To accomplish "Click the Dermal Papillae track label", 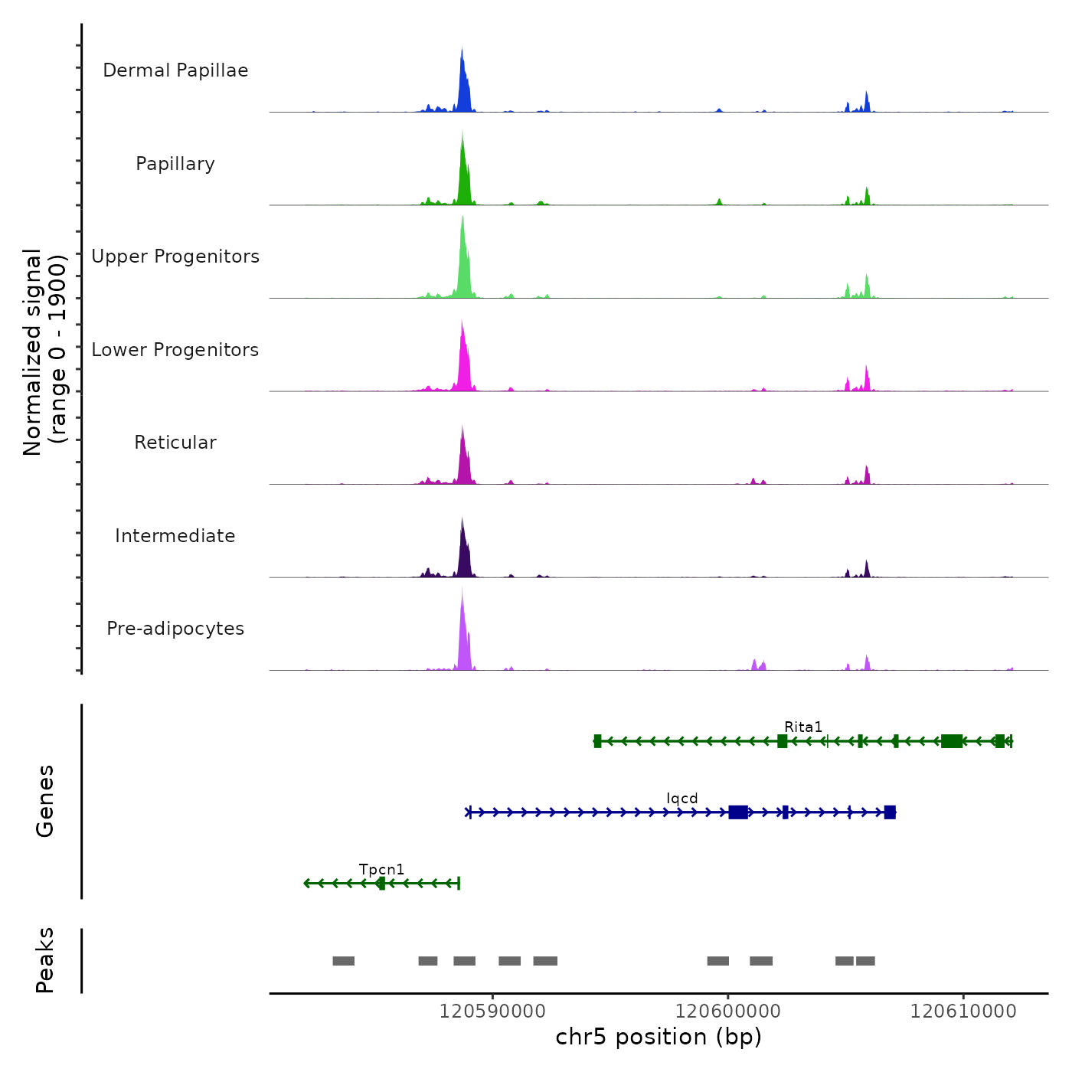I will coord(175,70).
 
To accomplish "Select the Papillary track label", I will coord(175,164).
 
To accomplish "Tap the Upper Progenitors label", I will coord(175,257).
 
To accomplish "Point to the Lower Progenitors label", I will coord(175,350).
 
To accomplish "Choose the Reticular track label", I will coord(175,443).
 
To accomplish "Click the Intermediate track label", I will coord(175,536).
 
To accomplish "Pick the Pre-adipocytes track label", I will coord(175,629).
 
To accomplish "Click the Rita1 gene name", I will coord(803,727).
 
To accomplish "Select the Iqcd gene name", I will coord(682,799).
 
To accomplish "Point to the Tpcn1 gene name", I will coord(381,870).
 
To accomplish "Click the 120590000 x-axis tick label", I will coord(492,1012).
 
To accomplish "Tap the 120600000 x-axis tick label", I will coord(728,1012).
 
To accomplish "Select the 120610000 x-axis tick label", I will coord(963,1012).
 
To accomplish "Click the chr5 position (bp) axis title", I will coord(659,1037).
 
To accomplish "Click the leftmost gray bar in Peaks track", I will coord(344,961).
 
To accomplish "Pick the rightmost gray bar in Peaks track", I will coord(865,961).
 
